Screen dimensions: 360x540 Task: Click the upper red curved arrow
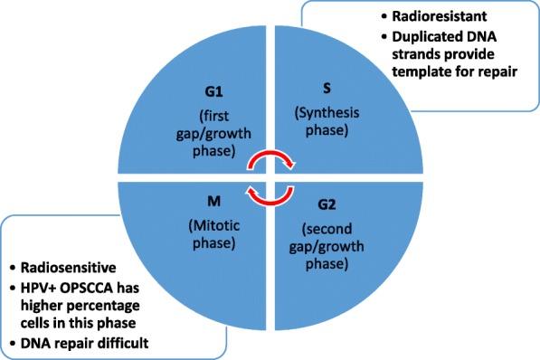tap(271, 162)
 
